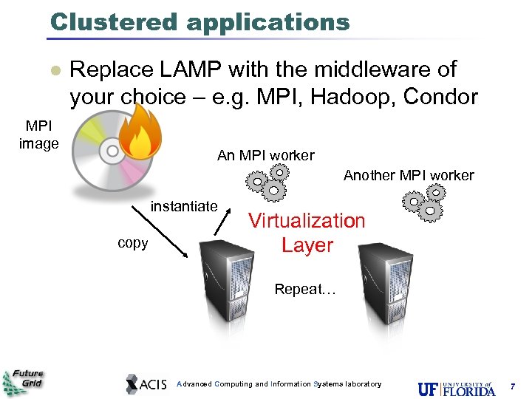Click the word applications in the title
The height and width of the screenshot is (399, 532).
(x=268, y=22)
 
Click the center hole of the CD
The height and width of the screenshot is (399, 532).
(x=113, y=151)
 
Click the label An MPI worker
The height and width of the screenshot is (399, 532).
(x=265, y=155)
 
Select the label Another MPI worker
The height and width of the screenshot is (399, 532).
(x=409, y=175)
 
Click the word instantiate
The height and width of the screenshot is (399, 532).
(x=184, y=206)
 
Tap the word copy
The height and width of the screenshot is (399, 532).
(x=133, y=242)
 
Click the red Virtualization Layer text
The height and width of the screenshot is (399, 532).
(x=307, y=232)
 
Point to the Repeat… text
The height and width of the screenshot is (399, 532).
(x=305, y=290)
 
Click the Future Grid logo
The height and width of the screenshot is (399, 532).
(x=23, y=381)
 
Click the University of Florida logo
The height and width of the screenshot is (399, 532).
(x=456, y=387)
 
